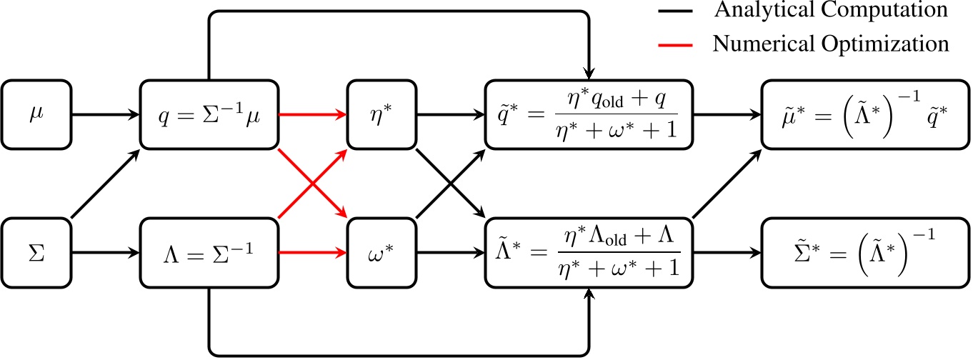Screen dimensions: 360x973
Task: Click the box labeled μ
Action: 36,114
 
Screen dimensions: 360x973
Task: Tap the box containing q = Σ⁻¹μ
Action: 208,114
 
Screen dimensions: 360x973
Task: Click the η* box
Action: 381,114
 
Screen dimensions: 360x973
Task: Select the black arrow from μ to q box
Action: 104,114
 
